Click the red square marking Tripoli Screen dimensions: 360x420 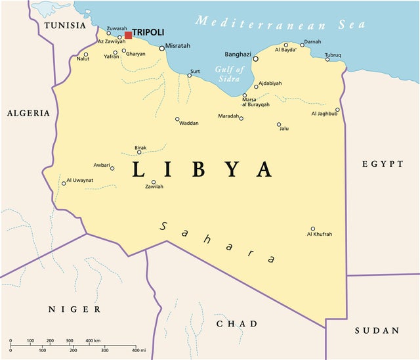pos(128,34)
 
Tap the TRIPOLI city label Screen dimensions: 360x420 pos(148,32)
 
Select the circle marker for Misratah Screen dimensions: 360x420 pos(162,48)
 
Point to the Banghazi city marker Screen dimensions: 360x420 pos(256,58)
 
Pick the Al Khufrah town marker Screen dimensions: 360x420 pos(312,229)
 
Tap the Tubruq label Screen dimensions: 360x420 pos(333,55)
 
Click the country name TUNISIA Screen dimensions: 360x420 pos(64,26)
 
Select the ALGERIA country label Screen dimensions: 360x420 pos(28,113)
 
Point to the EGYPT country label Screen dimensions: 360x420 pos(383,164)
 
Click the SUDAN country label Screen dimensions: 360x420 pos(377,330)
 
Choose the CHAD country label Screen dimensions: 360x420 pos(237,324)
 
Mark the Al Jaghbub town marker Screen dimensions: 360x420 pos(338,110)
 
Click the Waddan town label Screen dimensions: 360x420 pos(188,124)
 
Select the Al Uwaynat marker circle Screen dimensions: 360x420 pos(64,183)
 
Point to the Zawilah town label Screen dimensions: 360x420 pos(154,187)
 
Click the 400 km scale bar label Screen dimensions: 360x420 pos(93,341)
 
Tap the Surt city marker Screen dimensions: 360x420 pos(190,76)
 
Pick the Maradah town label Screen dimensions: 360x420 pos(228,116)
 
